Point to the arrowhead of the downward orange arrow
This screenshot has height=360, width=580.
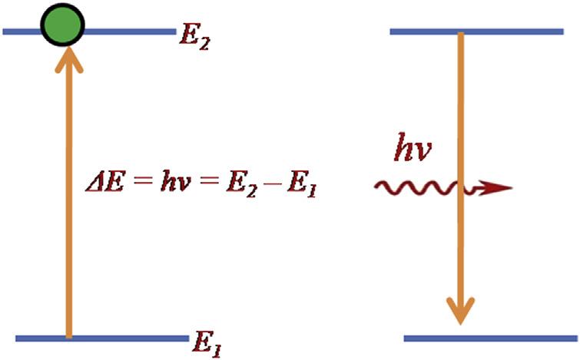[460, 310]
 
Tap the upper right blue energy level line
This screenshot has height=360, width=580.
[507, 31]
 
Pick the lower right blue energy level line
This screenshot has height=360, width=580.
[522, 338]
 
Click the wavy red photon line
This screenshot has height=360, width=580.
[415, 187]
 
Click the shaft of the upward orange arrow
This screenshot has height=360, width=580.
[69, 230]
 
